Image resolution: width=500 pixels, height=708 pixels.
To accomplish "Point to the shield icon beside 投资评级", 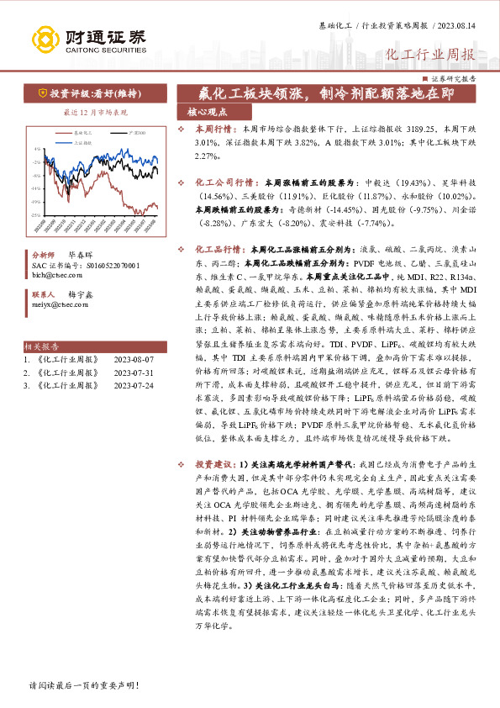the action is click(41, 93).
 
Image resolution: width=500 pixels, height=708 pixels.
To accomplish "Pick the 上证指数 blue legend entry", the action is click(82, 143).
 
